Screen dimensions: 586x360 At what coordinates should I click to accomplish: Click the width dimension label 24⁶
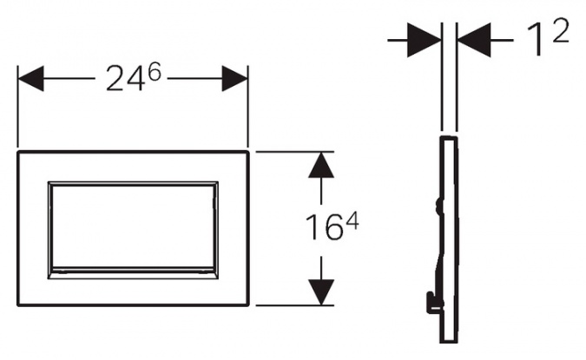[x=134, y=77]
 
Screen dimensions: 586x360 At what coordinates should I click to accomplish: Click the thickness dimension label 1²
[x=548, y=37]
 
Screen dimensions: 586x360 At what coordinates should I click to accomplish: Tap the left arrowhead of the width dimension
[x=30, y=78]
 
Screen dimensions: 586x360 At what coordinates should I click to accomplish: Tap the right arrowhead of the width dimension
[x=234, y=78]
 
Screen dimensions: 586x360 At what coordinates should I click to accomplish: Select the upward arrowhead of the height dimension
[x=321, y=164]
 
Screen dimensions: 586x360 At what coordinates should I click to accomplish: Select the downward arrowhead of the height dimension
[x=321, y=292]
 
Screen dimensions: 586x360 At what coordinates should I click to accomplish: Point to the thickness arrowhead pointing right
[x=425, y=40]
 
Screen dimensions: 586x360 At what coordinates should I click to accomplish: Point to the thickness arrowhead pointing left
[x=473, y=40]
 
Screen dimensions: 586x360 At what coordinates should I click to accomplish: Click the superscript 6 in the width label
[x=155, y=71]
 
